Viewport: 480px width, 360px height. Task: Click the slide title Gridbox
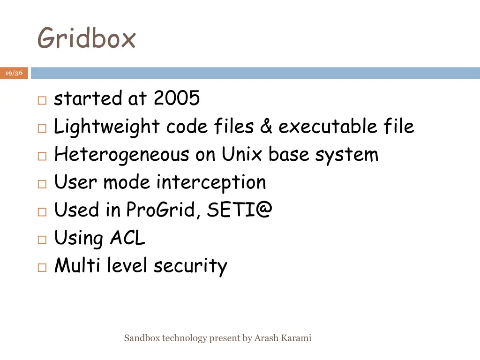point(86,38)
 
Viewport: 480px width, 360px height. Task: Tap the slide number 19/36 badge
point(14,73)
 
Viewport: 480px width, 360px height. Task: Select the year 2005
point(177,98)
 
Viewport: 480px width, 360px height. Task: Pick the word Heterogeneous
point(121,154)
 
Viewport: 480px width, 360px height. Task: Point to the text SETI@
point(240,210)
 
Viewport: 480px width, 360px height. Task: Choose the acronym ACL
point(127,238)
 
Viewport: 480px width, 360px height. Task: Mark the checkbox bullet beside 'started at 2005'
point(41,100)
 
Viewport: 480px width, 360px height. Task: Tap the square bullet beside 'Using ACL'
point(41,240)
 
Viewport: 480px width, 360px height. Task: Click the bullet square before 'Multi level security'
point(41,268)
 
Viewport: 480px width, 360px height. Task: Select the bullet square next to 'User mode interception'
point(41,184)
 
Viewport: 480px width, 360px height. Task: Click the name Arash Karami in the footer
point(283,338)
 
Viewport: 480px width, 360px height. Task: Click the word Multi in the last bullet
point(78,266)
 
